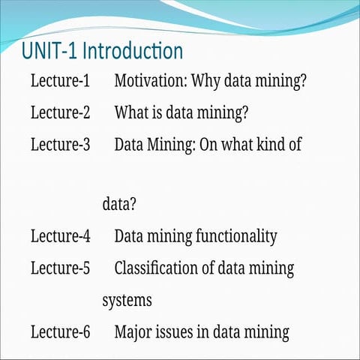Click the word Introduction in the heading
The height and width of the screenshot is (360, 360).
click(x=132, y=52)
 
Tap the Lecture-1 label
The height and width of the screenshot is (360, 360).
click(x=60, y=81)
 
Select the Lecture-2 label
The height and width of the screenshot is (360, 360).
click(x=60, y=113)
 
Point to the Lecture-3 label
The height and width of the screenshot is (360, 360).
click(x=60, y=145)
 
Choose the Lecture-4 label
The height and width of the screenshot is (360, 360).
click(x=60, y=236)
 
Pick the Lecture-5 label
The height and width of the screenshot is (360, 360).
click(x=60, y=268)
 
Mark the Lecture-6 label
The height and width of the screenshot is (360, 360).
click(x=60, y=331)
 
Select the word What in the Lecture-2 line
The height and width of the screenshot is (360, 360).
click(x=130, y=113)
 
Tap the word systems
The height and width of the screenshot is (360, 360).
click(x=127, y=301)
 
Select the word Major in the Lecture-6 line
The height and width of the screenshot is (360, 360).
click(x=133, y=331)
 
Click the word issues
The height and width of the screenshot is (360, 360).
click(x=175, y=331)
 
